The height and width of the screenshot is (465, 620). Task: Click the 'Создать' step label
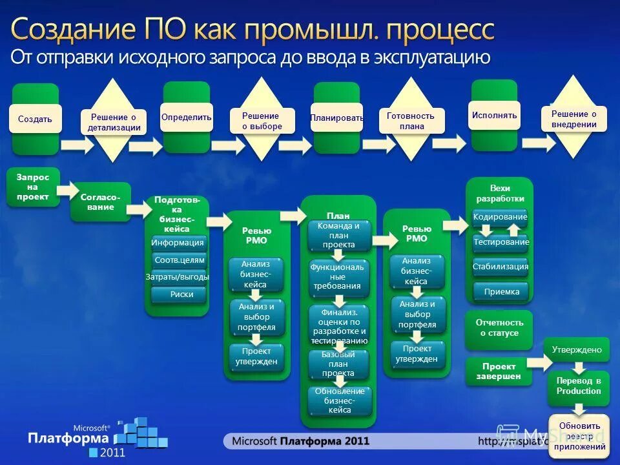(x=36, y=119)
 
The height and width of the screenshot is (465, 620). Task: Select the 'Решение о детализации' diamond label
(x=114, y=122)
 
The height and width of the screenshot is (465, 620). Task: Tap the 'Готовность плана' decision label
(x=411, y=121)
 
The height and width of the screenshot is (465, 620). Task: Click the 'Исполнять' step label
(x=494, y=116)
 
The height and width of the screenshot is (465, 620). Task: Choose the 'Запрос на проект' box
(x=32, y=187)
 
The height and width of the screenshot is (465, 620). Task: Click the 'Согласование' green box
(x=100, y=201)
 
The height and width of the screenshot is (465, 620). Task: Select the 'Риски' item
(x=179, y=294)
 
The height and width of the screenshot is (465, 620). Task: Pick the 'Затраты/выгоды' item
(x=178, y=277)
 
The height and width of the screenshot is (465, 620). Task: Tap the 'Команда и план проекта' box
(x=339, y=236)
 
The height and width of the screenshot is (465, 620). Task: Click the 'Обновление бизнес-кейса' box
(x=339, y=400)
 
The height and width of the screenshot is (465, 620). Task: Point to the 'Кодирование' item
(x=500, y=218)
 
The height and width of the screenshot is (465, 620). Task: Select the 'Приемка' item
(x=501, y=291)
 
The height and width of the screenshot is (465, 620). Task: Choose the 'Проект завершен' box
(x=499, y=371)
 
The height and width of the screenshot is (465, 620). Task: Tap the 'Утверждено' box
(x=577, y=349)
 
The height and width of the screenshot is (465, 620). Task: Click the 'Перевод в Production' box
(x=579, y=386)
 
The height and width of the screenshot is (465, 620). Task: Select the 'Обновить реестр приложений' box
(x=579, y=436)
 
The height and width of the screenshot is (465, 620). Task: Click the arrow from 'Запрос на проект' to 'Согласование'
(x=66, y=190)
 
